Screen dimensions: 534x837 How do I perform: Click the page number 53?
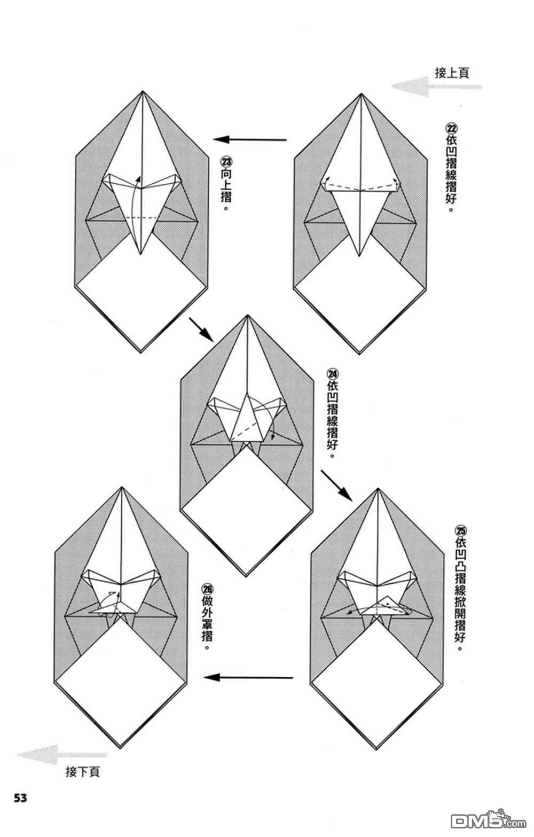(20, 798)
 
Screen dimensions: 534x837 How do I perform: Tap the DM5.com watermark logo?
(488, 821)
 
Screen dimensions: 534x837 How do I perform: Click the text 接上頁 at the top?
(452, 73)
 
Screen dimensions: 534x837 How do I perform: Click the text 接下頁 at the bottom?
(83, 772)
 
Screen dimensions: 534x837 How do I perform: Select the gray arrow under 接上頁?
(436, 87)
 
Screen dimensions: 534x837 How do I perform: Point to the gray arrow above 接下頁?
(61, 754)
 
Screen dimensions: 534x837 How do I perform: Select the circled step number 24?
(332, 374)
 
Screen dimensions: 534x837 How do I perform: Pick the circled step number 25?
(460, 531)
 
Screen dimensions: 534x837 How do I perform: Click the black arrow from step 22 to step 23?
(249, 140)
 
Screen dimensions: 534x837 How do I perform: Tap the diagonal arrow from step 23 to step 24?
(201, 330)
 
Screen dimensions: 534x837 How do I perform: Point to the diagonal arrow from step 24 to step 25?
(336, 486)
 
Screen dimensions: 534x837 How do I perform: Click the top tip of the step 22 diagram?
(361, 94)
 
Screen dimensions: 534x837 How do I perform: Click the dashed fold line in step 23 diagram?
(142, 217)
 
